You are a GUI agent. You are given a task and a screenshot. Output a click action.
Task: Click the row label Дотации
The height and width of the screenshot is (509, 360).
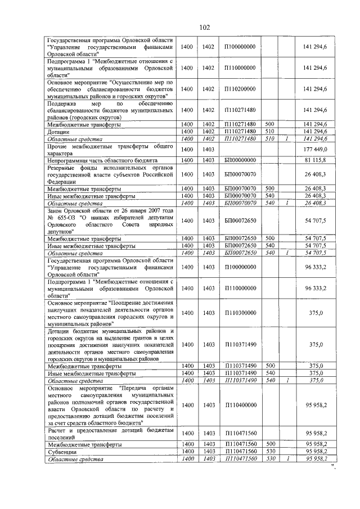tap(57, 132)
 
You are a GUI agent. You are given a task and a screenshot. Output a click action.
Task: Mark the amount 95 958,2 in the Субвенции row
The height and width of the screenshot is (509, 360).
tap(316, 452)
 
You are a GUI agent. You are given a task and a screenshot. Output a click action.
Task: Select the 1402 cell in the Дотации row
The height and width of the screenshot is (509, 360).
tap(209, 132)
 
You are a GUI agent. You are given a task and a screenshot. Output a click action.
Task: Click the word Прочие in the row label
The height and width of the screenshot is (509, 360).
tap(58, 146)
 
